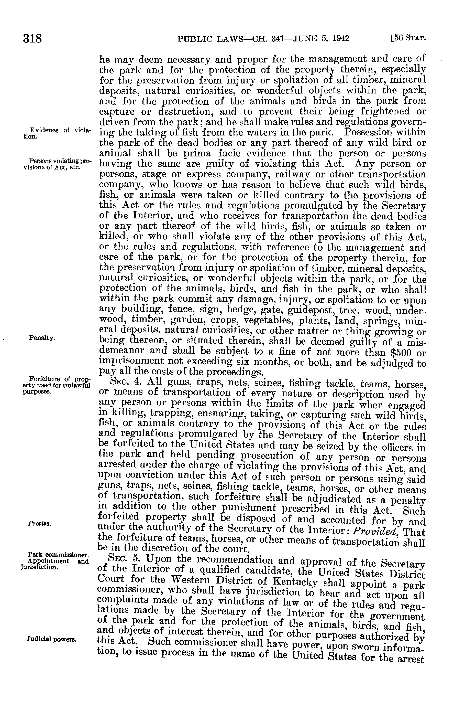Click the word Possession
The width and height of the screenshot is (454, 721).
370,132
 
